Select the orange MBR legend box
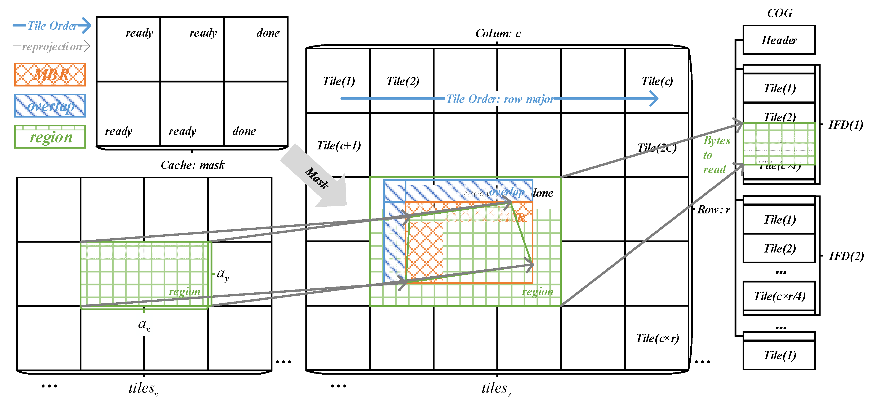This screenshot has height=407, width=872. tap(50, 74)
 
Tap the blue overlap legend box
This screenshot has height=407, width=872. tap(50, 106)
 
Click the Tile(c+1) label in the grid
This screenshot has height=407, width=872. tap(339, 145)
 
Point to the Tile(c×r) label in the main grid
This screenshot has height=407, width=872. tap(657, 338)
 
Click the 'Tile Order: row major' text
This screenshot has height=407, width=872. tap(500, 99)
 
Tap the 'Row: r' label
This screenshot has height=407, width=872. tap(713, 210)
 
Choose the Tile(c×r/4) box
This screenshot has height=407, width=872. tap(779, 296)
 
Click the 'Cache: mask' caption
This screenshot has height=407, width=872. tap(192, 165)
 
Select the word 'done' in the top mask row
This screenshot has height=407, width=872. tap(268, 33)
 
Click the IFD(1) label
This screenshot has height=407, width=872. tap(845, 125)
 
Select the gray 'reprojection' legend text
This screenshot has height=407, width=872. tap(52, 46)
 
